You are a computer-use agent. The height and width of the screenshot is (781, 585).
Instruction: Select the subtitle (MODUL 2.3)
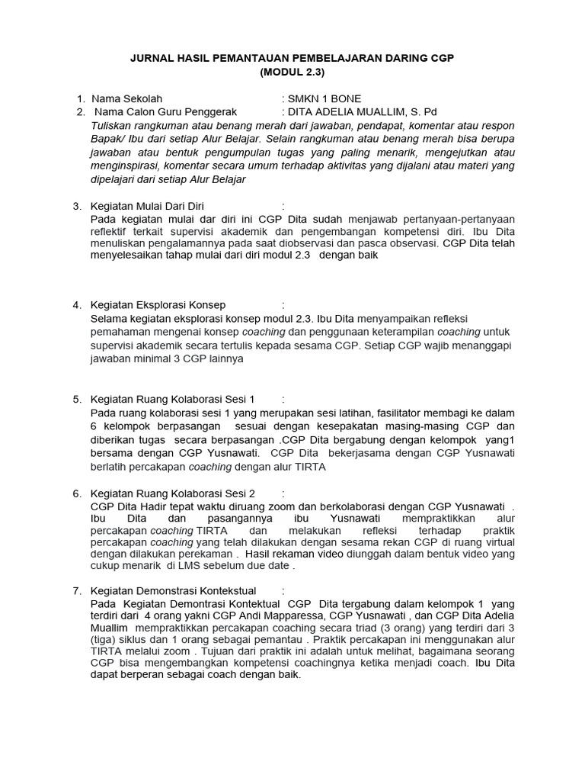[292, 73]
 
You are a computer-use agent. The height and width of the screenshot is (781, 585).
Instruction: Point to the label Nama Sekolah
[126, 99]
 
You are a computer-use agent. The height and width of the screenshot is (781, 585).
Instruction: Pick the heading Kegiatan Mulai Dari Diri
[148, 206]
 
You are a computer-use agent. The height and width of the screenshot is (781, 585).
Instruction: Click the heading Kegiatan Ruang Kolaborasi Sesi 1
[172, 399]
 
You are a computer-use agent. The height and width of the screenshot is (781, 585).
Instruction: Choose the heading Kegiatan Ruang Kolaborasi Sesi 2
[172, 493]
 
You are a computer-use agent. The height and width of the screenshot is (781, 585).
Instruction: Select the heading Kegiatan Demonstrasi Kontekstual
[173, 590]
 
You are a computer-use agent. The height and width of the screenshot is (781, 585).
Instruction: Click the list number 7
[76, 590]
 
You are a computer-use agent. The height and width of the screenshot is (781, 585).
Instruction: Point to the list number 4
[76, 305]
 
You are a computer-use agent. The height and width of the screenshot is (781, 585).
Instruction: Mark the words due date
[269, 567]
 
